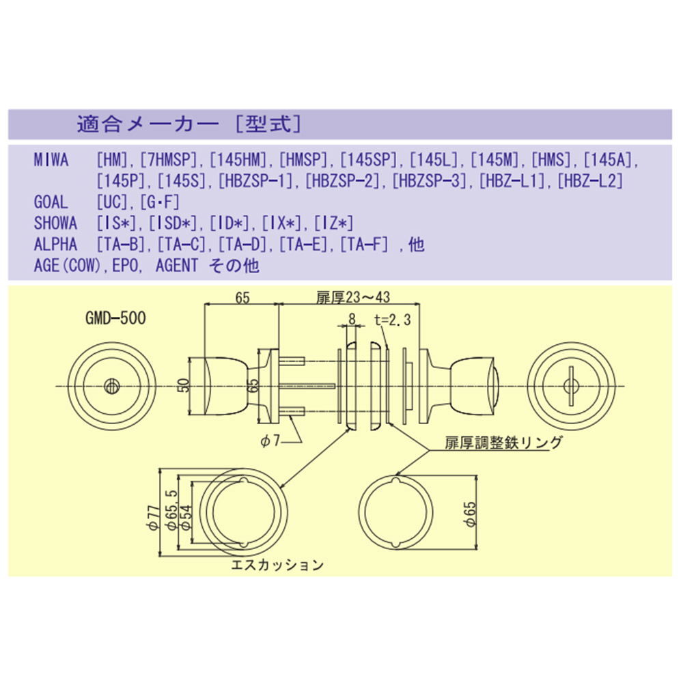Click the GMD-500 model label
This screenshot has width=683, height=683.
point(115,318)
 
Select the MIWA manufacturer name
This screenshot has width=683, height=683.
point(51,160)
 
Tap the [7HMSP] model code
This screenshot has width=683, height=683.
point(169,160)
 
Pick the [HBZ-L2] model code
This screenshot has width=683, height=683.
point(590,181)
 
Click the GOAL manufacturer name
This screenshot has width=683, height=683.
point(51,202)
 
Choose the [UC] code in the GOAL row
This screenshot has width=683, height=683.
point(112,202)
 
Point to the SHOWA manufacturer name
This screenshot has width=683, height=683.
point(56,223)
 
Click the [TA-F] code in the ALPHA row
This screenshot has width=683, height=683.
point(364,245)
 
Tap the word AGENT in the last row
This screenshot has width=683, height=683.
point(177,265)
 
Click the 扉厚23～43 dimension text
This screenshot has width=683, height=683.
point(353,297)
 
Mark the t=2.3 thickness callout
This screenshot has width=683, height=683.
point(393,320)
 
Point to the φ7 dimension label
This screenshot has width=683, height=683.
point(270,441)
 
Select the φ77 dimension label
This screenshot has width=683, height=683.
point(153,518)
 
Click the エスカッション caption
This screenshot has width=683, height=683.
point(277,565)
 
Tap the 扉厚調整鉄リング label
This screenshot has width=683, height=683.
point(503,443)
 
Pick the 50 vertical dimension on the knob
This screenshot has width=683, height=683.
point(184,385)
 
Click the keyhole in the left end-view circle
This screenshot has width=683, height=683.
point(112,387)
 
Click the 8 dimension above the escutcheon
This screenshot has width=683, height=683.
point(352,319)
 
